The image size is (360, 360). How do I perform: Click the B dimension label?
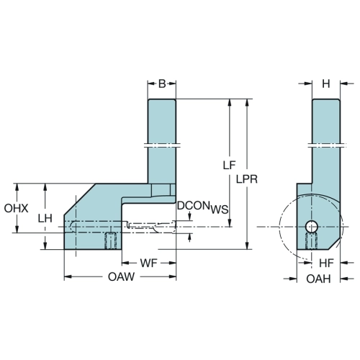click(x=162, y=84)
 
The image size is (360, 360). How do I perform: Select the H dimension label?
click(x=326, y=84)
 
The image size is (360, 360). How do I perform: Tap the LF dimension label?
click(x=229, y=165)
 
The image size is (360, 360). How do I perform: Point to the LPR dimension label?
click(x=247, y=179)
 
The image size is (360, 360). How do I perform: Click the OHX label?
click(x=16, y=208)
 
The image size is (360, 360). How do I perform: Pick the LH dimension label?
click(x=45, y=218)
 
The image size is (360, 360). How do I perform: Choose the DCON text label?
click(x=193, y=206)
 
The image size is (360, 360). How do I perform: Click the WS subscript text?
click(x=220, y=210)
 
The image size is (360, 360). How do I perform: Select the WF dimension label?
click(x=149, y=264)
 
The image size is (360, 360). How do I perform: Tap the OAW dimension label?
click(x=122, y=276)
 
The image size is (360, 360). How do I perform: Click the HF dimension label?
click(x=326, y=264)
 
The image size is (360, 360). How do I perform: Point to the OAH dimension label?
click(x=318, y=279)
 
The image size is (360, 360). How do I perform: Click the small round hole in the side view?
click(x=311, y=227)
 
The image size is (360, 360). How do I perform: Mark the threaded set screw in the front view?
click(x=110, y=240)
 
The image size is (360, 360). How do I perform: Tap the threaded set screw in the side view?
click(x=311, y=241)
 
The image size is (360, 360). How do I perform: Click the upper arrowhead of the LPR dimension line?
click(x=247, y=102)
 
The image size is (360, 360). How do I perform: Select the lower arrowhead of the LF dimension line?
click(x=230, y=222)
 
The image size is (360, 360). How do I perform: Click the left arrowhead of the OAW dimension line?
click(x=68, y=276)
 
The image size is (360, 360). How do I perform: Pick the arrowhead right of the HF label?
click(x=344, y=263)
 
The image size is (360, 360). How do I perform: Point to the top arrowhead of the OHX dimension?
click(x=17, y=187)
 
